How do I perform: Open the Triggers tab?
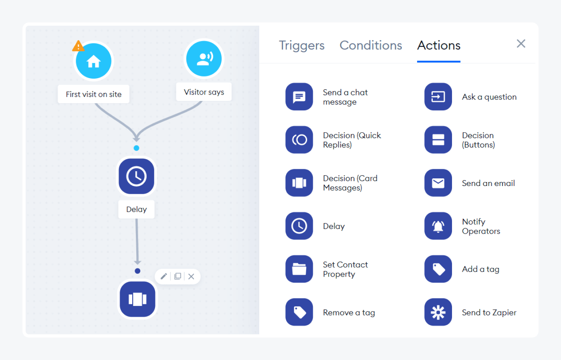pyautogui.click(x=301, y=45)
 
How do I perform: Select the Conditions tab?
pyautogui.click(x=371, y=45)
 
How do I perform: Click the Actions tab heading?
pyautogui.click(x=439, y=45)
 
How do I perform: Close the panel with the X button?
pyautogui.click(x=521, y=44)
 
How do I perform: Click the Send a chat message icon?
pyautogui.click(x=299, y=97)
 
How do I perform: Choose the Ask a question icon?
pyautogui.click(x=438, y=97)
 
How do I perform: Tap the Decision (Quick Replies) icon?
pyautogui.click(x=299, y=140)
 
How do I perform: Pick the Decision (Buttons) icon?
pyautogui.click(x=438, y=140)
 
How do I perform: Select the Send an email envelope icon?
pyautogui.click(x=438, y=183)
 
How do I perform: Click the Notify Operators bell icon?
pyautogui.click(x=438, y=226)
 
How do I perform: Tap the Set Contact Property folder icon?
pyautogui.click(x=299, y=269)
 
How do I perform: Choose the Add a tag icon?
pyautogui.click(x=438, y=269)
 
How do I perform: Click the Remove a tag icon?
pyautogui.click(x=299, y=312)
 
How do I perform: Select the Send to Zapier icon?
pyautogui.click(x=438, y=312)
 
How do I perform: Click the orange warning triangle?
pyautogui.click(x=78, y=46)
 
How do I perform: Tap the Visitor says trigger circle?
pyautogui.click(x=204, y=59)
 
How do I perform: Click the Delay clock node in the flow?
pyautogui.click(x=136, y=176)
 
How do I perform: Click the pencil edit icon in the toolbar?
pyautogui.click(x=164, y=276)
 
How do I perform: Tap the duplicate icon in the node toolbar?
pyautogui.click(x=178, y=276)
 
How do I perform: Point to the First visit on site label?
pyautogui.click(x=93, y=94)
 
